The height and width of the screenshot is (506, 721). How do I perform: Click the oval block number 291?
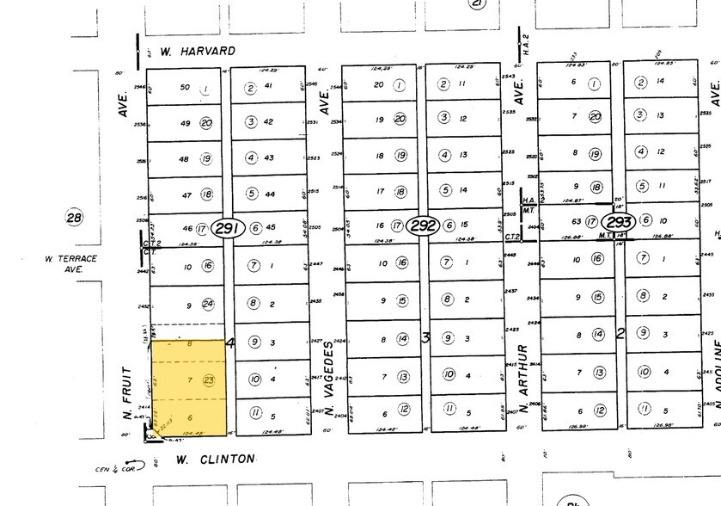(229, 227)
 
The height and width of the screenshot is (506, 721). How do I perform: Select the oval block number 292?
(423, 225)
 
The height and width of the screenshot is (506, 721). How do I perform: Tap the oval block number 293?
(620, 220)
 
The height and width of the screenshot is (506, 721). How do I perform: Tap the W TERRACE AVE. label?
(72, 263)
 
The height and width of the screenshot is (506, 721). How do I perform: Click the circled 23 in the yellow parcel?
(208, 379)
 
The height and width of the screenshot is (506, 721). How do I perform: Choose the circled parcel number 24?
(207, 304)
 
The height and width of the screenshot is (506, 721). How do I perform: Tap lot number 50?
(183, 88)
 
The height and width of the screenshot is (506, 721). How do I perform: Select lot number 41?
(269, 87)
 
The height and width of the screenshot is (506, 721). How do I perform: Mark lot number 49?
(183, 123)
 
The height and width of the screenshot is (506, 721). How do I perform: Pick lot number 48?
(183, 159)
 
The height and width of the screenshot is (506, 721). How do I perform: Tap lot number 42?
(269, 122)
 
